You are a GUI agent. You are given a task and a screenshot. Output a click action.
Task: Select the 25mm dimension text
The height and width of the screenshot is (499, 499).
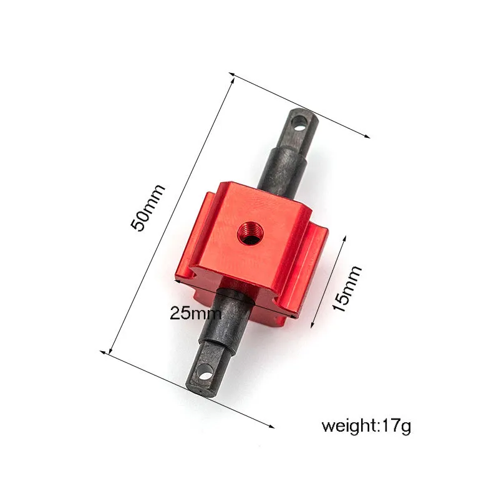click(195, 313)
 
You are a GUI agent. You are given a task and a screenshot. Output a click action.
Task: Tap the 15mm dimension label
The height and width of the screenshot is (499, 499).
click(347, 288)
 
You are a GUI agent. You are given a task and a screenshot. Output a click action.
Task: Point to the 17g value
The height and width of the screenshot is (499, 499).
click(397, 427)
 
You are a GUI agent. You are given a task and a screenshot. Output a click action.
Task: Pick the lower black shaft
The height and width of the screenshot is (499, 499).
click(221, 337)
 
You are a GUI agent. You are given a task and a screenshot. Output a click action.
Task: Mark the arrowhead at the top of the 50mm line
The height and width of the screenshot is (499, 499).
click(231, 77)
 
